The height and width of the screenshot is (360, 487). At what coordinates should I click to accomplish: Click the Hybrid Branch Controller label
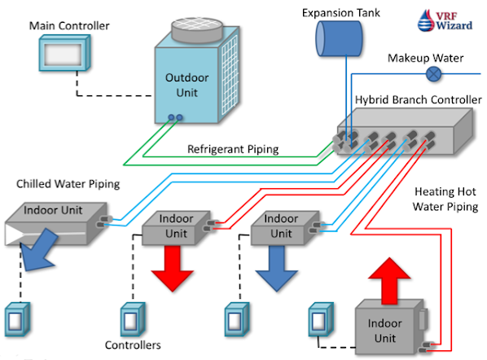[x=418, y=99]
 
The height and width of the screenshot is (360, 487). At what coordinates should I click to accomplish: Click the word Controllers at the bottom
[x=133, y=345]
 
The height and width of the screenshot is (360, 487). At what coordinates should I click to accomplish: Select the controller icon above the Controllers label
[x=133, y=319]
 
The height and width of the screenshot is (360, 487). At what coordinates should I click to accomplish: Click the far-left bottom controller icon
[x=17, y=319]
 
